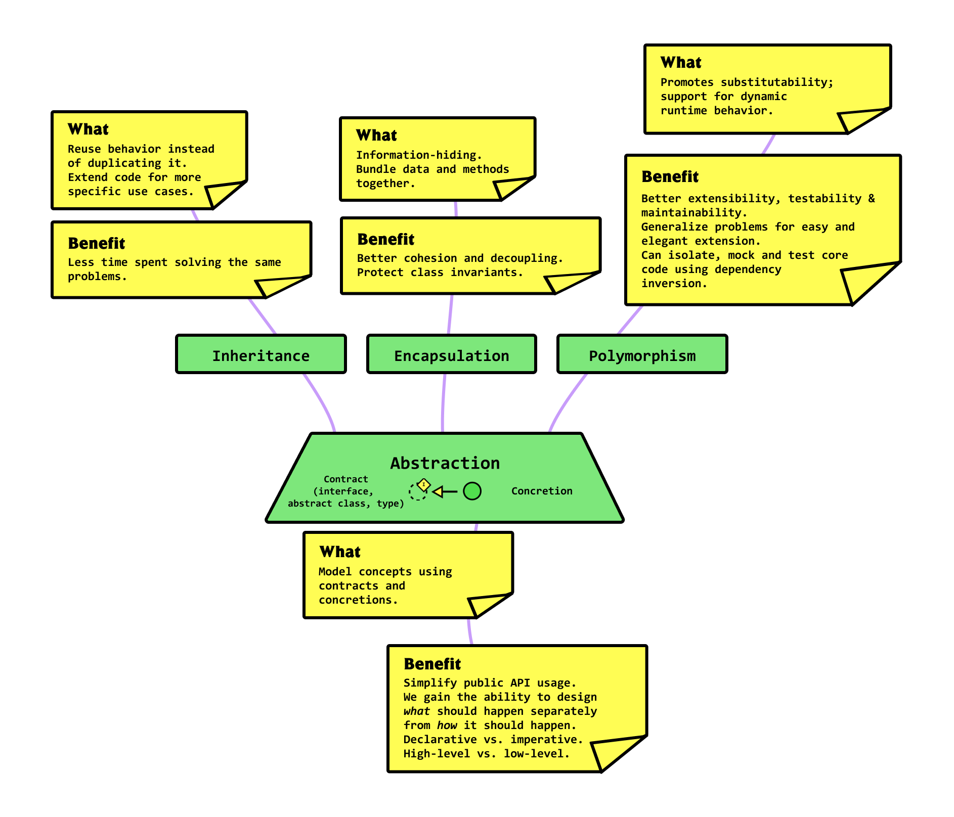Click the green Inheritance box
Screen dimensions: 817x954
click(x=261, y=354)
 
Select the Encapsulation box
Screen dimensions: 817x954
click(x=451, y=354)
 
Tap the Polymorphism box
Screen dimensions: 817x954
click(x=642, y=354)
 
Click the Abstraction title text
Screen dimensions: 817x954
click(x=445, y=463)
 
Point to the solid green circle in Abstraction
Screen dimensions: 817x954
click(x=472, y=491)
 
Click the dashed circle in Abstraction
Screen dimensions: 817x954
click(x=417, y=491)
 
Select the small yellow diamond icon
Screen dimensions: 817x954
click(x=424, y=484)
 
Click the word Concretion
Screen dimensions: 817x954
click(x=541, y=491)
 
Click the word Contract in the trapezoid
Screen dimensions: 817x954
click(x=345, y=479)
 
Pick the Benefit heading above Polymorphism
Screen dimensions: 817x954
click(x=670, y=177)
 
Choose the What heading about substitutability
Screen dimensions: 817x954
click(x=681, y=63)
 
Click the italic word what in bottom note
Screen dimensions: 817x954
click(x=416, y=711)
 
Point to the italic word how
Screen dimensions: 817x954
click(x=447, y=725)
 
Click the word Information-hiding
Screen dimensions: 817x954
click(x=419, y=155)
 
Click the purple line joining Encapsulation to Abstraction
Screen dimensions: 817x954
click(x=443, y=404)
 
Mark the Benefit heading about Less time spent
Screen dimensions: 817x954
click(x=96, y=244)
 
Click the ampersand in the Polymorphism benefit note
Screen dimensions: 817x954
click(x=871, y=199)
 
